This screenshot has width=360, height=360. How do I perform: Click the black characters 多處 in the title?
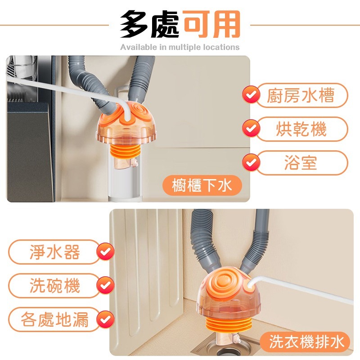[x=151, y=24]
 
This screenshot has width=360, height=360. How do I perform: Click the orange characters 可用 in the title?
[x=212, y=24]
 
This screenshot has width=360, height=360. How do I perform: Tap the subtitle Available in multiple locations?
[x=180, y=47]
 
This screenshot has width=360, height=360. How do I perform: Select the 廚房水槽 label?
[x=301, y=96]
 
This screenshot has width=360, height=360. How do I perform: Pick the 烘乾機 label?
[x=301, y=130]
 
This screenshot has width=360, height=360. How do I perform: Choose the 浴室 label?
[x=301, y=162]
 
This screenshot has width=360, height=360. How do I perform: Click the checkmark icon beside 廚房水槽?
[x=251, y=95]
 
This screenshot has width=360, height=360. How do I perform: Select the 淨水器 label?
[x=54, y=252]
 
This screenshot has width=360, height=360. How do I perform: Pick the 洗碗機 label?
[x=54, y=286]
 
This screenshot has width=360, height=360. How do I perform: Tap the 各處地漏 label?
[x=54, y=320]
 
